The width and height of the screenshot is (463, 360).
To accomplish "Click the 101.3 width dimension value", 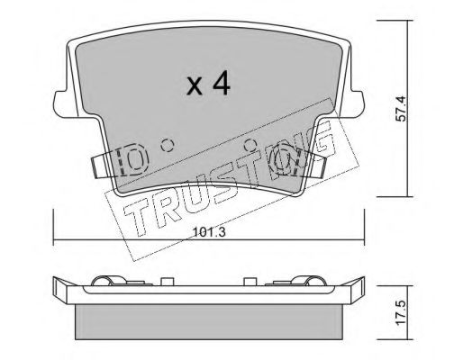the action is click(x=209, y=232).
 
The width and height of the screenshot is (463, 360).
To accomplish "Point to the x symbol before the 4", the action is click(x=195, y=86).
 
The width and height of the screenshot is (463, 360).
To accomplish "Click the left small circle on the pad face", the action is click(x=167, y=146).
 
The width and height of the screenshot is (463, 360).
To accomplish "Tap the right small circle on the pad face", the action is click(x=250, y=146).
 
